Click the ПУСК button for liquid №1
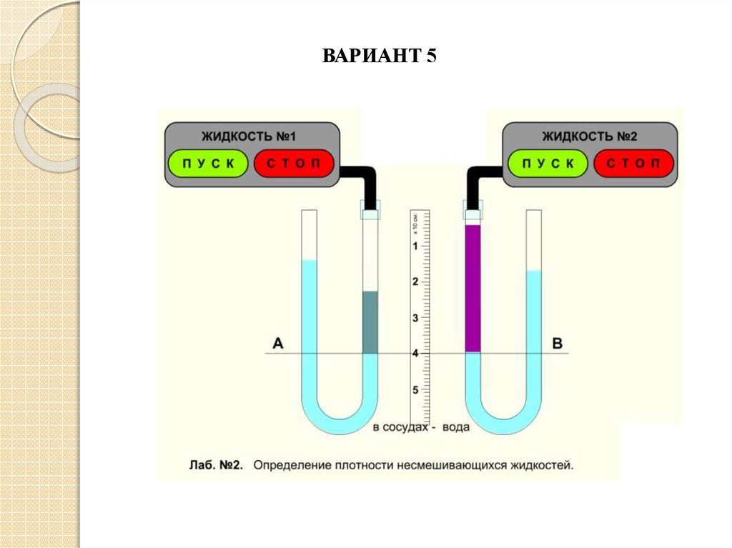pos(208,164)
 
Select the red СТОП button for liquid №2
pos(633,164)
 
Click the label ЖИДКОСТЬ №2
pos(589,136)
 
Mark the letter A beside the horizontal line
pos(278,344)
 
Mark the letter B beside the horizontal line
pos(558,344)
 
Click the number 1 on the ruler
pos(415,246)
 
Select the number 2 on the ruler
pos(415,282)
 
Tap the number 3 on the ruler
pos(415,318)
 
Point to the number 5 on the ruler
pos(415,390)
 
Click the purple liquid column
pos(473,289)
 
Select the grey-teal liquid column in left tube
pos(370,322)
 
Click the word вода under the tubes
pos(455,427)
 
